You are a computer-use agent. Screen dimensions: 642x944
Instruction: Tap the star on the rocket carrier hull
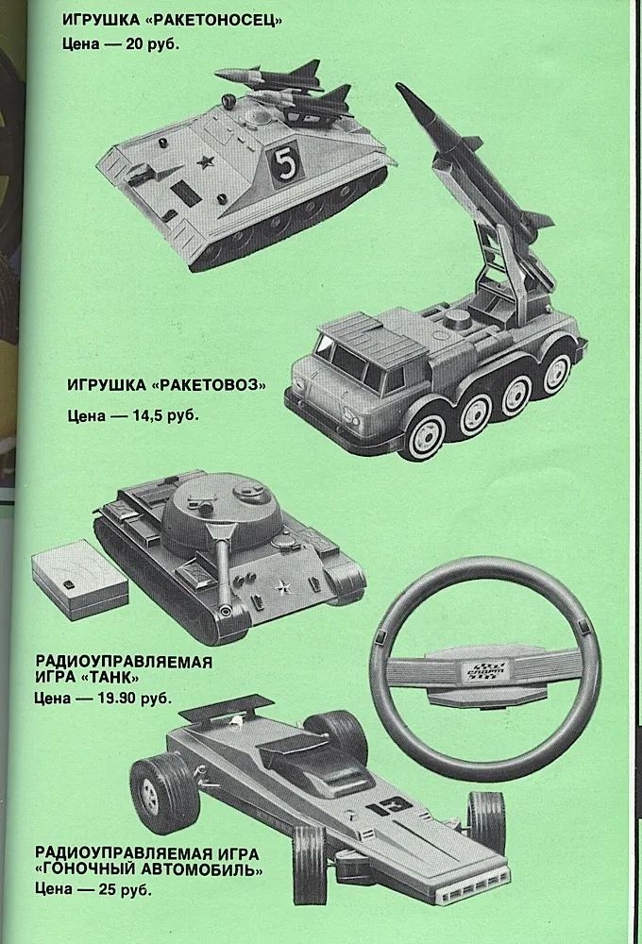pos(207,160)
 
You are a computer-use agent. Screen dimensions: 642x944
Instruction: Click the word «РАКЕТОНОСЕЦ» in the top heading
pos(219,21)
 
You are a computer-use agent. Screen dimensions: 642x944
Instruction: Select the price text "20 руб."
pos(153,44)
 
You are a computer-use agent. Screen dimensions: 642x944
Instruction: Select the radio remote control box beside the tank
pos(79,580)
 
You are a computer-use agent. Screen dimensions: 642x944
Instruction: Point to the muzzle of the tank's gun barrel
pos(226,612)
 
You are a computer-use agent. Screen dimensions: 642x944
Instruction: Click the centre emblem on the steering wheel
pos(485,670)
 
